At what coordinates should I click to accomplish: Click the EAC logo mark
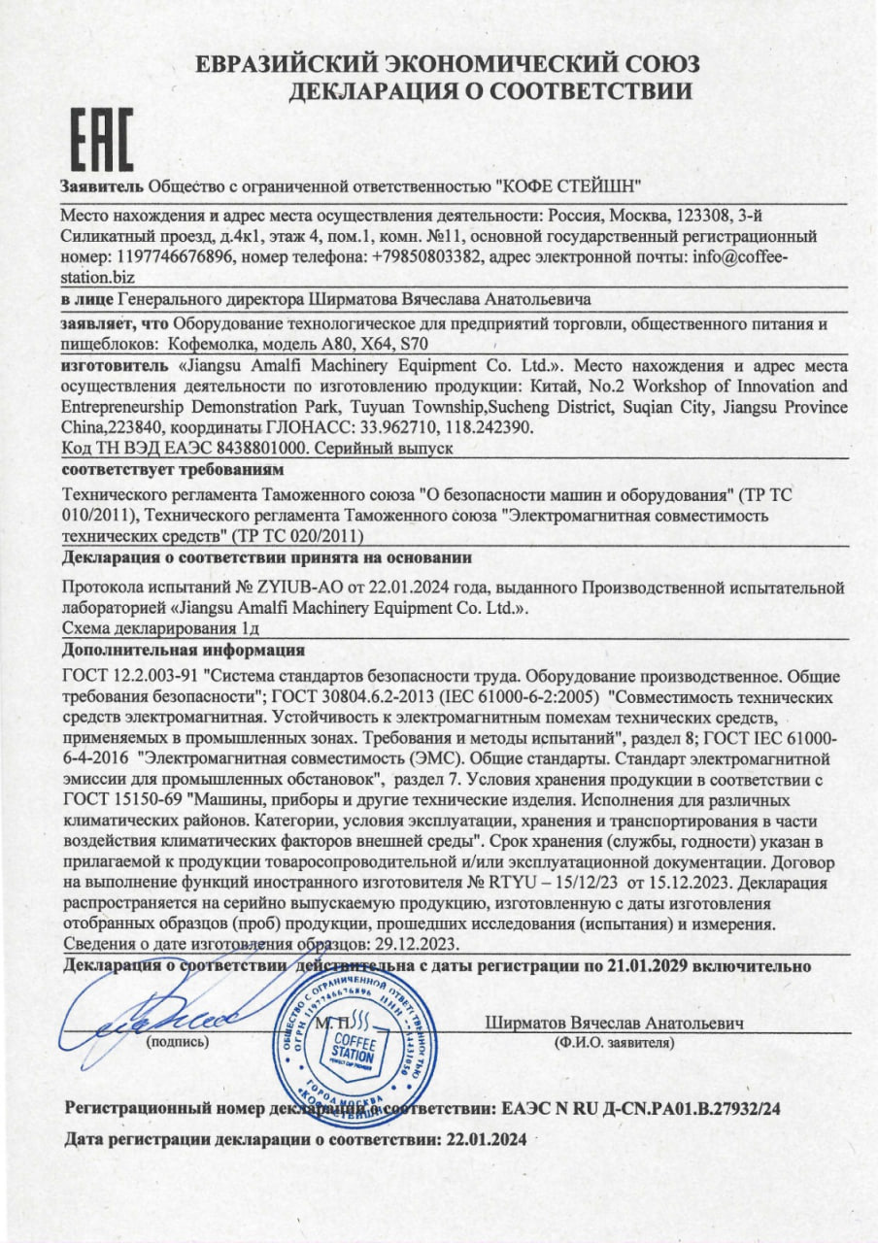(x=101, y=142)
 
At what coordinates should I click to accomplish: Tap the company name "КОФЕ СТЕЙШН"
(x=568, y=185)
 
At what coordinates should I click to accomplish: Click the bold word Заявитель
(x=102, y=185)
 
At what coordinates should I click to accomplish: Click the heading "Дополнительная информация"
(x=183, y=650)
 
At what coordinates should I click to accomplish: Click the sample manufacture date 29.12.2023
(x=412, y=943)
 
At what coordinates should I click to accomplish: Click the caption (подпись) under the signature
(x=178, y=1042)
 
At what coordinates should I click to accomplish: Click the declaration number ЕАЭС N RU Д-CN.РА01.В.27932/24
(x=642, y=1108)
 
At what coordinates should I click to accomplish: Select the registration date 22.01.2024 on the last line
(x=485, y=1140)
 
